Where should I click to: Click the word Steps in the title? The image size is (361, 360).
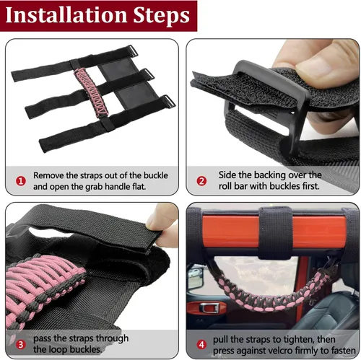(162, 16)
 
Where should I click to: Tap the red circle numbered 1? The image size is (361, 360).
(21, 181)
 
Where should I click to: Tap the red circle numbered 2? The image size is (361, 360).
(201, 181)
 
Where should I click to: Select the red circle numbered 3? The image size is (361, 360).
(21, 345)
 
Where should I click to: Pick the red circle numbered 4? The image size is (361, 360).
(201, 345)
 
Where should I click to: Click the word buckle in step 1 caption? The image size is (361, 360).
(155, 175)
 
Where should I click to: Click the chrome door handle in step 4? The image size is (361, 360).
(210, 308)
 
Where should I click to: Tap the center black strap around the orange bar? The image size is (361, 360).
(276, 233)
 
